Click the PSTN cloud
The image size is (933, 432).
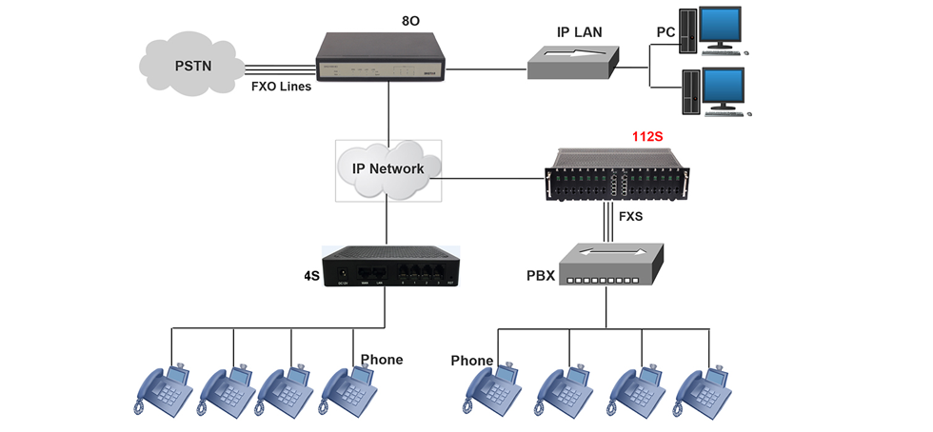tap(191, 67)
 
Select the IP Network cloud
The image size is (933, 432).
tap(388, 169)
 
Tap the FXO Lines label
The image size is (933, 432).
tap(281, 86)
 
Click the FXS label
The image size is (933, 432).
tap(631, 217)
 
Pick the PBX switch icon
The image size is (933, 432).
tap(610, 265)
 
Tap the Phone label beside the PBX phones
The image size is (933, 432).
tap(471, 361)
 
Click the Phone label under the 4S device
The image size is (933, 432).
tap(382, 360)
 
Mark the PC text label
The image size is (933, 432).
tap(666, 32)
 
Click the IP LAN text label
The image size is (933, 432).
tap(579, 31)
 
